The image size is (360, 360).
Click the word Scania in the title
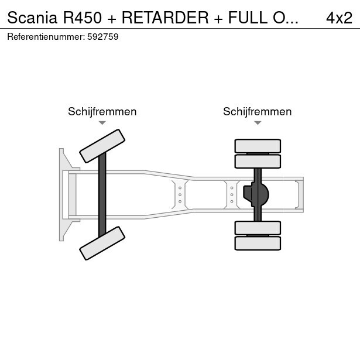[32, 18]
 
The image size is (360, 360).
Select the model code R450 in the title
[82, 18]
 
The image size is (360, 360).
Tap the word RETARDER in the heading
[165, 18]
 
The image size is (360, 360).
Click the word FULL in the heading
[248, 18]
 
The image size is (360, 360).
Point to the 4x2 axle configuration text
[339, 18]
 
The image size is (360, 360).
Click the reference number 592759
[103, 37]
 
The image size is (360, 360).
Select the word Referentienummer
[46, 37]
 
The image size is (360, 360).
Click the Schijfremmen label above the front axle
[102, 112]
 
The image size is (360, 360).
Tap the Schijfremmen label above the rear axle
[258, 112]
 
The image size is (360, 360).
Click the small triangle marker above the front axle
[102, 123]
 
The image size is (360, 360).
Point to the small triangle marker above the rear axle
[258, 123]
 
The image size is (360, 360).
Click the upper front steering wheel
[102, 146]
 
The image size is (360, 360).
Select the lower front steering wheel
[102, 244]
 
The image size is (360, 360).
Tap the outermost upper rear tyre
[258, 146]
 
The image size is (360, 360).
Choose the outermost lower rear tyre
[258, 244]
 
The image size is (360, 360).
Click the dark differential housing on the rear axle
[256, 194]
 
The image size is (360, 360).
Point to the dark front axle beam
[102, 195]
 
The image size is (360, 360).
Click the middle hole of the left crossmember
[180, 195]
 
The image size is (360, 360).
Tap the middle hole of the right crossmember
[232, 195]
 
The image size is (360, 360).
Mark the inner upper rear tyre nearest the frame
[258, 162]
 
